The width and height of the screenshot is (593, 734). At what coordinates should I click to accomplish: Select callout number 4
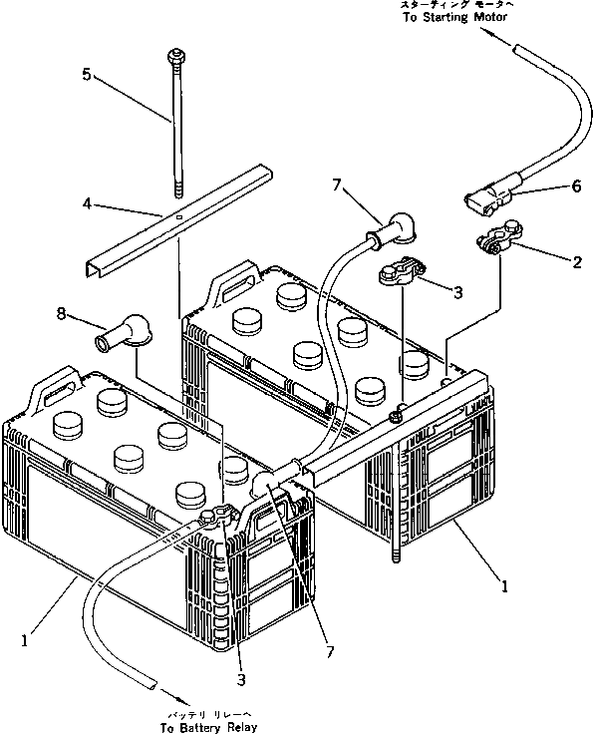89,202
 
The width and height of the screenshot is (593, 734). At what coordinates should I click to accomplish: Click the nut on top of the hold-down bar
396,415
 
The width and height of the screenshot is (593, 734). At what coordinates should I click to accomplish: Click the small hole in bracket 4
176,216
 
